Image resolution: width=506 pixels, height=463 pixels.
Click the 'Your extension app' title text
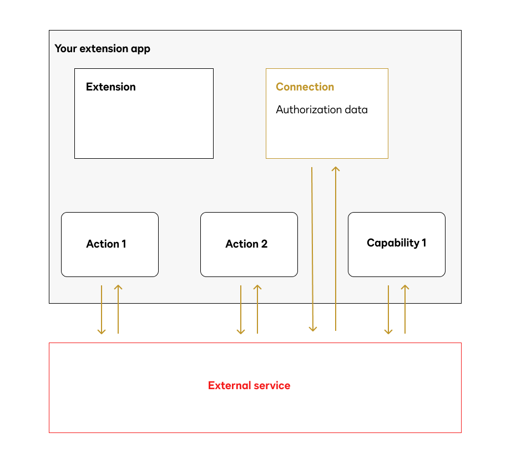click(x=102, y=48)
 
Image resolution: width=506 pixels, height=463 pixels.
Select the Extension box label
click(x=110, y=87)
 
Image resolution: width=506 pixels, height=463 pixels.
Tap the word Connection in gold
click(x=305, y=87)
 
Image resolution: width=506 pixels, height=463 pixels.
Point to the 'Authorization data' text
click(x=321, y=109)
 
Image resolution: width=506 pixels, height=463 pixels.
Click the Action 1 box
click(x=109, y=244)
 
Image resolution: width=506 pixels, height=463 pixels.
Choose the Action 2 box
click(x=249, y=244)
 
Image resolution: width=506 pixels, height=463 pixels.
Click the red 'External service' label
click(x=249, y=385)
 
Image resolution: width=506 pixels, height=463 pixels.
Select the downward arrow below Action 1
click(x=102, y=310)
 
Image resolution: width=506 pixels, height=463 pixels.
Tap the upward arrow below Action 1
click(x=118, y=310)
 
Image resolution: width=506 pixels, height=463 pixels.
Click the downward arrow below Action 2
click(x=241, y=310)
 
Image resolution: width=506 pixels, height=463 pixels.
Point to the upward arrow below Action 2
click(x=257, y=310)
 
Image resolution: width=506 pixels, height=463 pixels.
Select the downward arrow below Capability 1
click(x=388, y=310)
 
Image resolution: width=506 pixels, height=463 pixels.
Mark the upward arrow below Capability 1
click(x=405, y=310)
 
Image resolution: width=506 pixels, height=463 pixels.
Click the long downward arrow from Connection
click(x=312, y=250)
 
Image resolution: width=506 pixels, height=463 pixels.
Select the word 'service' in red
click(x=271, y=385)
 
